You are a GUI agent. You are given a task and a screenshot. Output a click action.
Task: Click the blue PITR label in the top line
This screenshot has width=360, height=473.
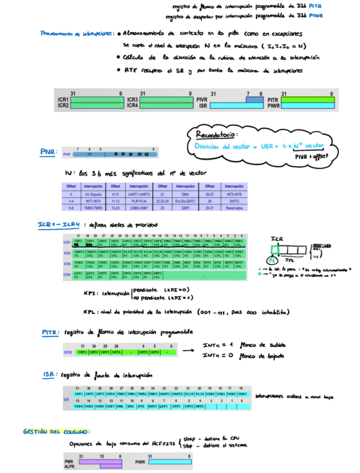(316, 7)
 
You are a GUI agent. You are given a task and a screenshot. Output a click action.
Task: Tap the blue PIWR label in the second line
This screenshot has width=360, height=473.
(316, 16)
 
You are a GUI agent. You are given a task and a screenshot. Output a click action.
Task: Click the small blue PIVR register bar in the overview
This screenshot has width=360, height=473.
(254, 99)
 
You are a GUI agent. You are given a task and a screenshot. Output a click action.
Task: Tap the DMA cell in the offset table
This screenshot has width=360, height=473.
(186, 192)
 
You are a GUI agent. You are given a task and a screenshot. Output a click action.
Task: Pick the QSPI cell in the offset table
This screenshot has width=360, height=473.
(186, 207)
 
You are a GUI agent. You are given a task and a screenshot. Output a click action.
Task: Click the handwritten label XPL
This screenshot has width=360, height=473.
(90, 311)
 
